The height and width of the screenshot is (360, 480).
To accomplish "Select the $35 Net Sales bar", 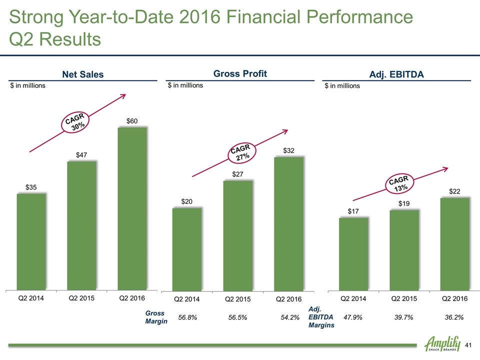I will point(31,241).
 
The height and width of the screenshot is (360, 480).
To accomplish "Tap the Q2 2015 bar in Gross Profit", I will point(238,235).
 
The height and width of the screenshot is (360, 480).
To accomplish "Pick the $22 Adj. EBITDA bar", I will point(455,243).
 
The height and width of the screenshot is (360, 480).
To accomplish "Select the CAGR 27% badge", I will point(242,152).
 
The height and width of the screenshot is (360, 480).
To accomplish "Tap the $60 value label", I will point(132,121).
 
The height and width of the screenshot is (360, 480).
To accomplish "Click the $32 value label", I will point(289,150).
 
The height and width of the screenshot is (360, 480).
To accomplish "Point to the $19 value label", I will point(404,203).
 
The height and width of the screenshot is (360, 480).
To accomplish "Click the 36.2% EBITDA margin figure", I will point(455,317).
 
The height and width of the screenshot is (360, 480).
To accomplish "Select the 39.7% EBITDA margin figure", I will point(404,317).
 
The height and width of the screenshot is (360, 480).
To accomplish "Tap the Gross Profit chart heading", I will point(240,74).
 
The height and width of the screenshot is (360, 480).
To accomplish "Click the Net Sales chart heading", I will point(82,74).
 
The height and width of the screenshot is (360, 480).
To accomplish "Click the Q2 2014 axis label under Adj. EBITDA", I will point(353,299).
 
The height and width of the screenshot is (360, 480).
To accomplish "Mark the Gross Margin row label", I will point(155,317).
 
